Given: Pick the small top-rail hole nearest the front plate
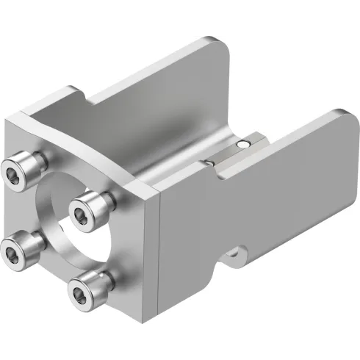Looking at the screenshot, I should pos(210,162).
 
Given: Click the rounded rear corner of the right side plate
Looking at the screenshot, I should pos(339,118).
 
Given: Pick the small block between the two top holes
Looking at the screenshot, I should pos(227,152).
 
